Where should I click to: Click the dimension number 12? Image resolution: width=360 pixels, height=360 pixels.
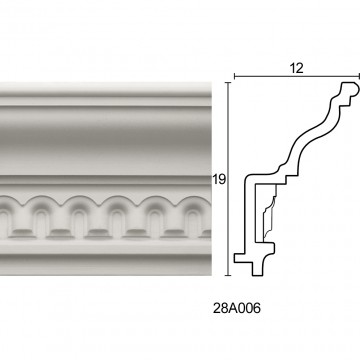[x=296, y=68]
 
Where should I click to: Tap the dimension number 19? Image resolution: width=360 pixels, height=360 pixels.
[x=219, y=180]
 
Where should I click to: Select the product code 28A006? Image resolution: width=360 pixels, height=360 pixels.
[x=237, y=308]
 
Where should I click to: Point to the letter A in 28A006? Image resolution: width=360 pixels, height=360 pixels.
[x=233, y=308]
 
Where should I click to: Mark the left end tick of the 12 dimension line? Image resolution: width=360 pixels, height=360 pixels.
[x=234, y=77]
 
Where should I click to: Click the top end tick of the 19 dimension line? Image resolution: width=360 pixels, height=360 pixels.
[x=228, y=82]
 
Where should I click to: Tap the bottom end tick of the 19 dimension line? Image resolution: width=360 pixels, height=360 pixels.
[x=228, y=276]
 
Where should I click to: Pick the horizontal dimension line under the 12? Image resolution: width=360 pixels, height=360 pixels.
[x=297, y=77]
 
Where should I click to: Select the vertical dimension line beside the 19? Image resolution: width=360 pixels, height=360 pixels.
[x=228, y=179]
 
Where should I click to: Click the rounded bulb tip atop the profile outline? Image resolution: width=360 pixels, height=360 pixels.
[x=353, y=87]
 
